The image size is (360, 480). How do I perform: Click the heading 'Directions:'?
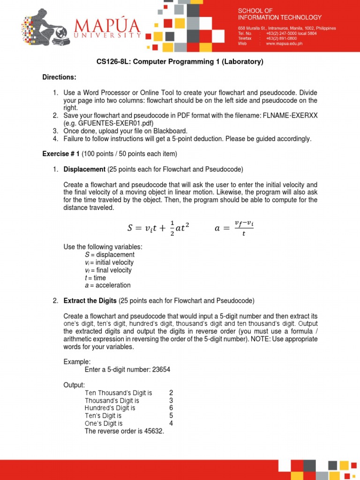pyautogui.click(x=59, y=77)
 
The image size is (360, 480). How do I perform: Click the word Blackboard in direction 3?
pyautogui.click(x=171, y=131)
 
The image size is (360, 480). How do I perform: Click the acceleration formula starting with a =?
pyautogui.click(x=233, y=228)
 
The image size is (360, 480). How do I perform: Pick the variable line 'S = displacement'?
pyautogui.click(x=109, y=255)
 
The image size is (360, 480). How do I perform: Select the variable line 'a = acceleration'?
pyautogui.click(x=107, y=285)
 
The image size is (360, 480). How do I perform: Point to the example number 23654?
pyautogui.click(x=161, y=369)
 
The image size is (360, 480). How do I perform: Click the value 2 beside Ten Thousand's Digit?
pyautogui.click(x=171, y=392)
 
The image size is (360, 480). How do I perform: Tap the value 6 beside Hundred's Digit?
pyautogui.click(x=171, y=408)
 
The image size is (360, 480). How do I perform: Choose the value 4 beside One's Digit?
pyautogui.click(x=171, y=423)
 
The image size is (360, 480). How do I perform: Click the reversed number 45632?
pyautogui.click(x=153, y=431)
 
